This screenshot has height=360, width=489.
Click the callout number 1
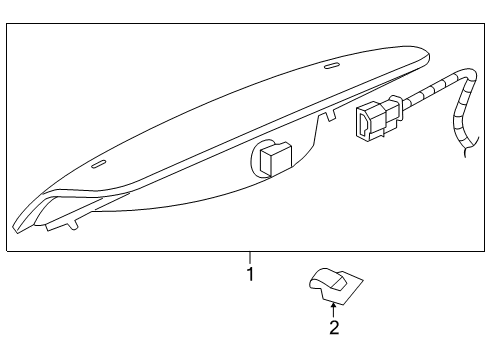[x=250, y=273]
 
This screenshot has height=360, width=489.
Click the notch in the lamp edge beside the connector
[x=322, y=121]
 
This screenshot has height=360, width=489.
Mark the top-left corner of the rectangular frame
[x=7, y=25]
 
